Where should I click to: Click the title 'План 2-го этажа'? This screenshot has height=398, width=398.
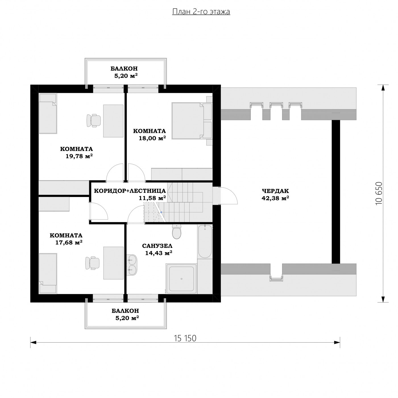(x=201, y=12)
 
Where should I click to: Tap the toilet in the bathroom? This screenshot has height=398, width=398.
(x=176, y=231)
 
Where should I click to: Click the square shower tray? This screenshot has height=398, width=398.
(x=181, y=279)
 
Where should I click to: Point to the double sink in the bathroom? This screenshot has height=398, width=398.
(x=132, y=265)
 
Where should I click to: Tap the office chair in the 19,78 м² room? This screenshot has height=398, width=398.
(x=94, y=121)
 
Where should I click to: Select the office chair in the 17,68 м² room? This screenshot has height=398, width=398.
(x=92, y=263)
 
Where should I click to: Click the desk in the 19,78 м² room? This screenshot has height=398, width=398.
(x=113, y=121)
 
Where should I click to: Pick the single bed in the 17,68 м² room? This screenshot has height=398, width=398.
(x=48, y=273)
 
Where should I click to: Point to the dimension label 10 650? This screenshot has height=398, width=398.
(x=379, y=193)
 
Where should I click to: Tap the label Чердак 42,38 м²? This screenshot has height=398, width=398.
(x=275, y=194)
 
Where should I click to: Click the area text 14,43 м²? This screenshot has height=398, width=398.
(x=159, y=253)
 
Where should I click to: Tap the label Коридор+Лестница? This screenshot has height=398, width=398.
(x=130, y=191)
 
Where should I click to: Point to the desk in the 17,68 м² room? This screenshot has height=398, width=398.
(x=114, y=263)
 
